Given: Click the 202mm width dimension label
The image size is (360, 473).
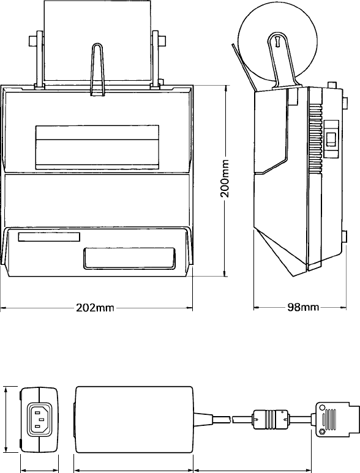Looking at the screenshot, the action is [95, 308].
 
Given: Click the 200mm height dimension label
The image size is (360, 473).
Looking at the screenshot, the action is [225, 179].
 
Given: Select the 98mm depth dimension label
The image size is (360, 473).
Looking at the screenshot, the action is [303, 307].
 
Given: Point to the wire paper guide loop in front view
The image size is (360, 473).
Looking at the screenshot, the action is [97, 70].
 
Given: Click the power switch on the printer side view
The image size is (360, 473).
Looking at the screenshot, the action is [331, 140].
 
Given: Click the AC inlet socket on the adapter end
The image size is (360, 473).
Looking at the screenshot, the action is [40, 420].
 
